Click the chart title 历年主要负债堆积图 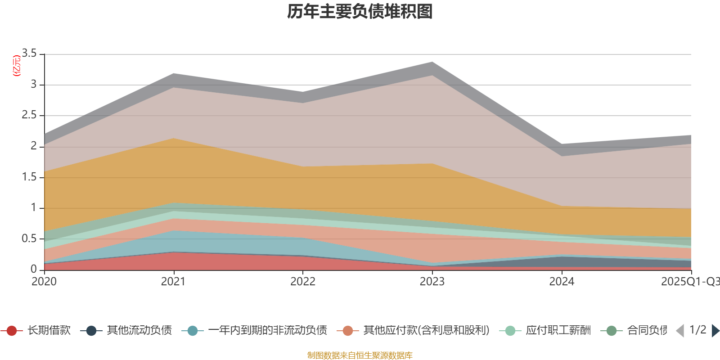(360, 12)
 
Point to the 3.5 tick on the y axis (29, 54)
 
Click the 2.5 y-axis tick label (29, 115)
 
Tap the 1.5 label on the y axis (29, 177)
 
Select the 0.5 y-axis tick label (29, 238)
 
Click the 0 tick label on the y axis (34, 269)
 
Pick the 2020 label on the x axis (44, 282)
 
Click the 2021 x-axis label (173, 282)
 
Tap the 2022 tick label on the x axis (303, 282)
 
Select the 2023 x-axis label (432, 282)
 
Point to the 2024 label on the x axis (562, 282)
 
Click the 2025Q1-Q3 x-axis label (689, 282)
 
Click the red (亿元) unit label (17, 66)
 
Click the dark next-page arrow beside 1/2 (715, 331)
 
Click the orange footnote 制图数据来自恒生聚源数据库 (360, 355)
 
